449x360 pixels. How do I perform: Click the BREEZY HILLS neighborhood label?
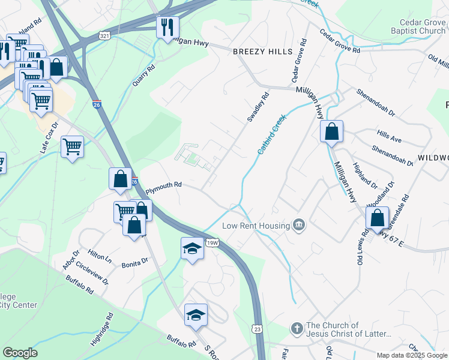click(262, 52)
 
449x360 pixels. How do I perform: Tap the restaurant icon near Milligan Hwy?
click(167, 26)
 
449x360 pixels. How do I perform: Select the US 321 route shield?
click(105, 36)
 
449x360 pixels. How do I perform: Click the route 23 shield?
click(258, 329)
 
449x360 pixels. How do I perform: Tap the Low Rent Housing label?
click(256, 226)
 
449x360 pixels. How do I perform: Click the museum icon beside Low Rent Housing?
click(299, 225)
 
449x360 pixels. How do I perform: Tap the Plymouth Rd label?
click(164, 185)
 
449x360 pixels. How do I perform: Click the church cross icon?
click(296, 329)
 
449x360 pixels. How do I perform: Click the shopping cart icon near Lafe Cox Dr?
click(72, 146)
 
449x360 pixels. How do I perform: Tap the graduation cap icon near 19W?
click(191, 248)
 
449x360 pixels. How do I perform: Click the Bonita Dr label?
click(135, 262)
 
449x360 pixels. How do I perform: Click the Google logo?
click(20, 353)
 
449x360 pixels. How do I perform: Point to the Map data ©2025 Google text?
click(411, 355)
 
